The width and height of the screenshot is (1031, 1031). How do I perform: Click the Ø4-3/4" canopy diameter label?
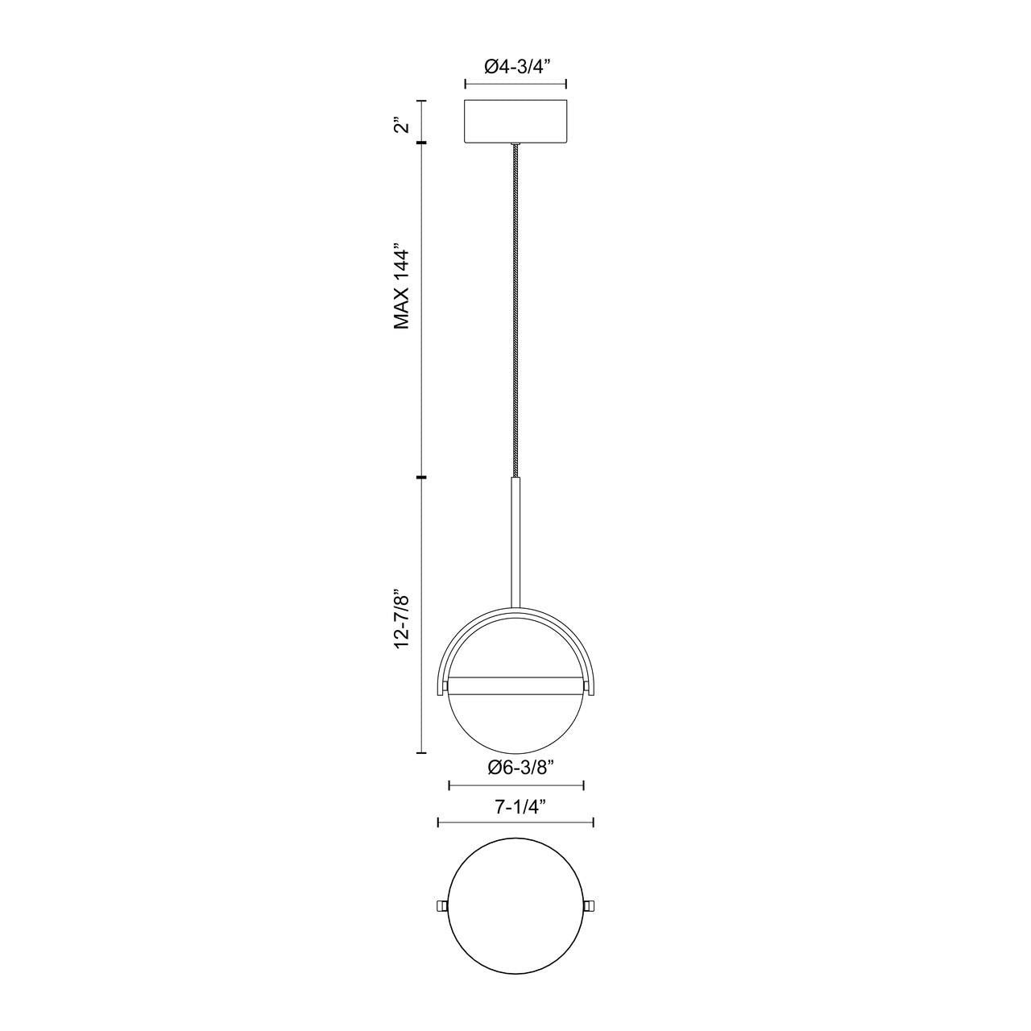(x=515, y=68)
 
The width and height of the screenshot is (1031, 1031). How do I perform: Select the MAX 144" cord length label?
(x=402, y=287)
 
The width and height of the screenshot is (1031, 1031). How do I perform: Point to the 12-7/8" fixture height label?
(x=402, y=619)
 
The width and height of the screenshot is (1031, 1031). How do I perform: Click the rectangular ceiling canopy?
(x=515, y=122)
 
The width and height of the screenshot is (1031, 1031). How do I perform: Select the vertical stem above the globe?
(x=515, y=540)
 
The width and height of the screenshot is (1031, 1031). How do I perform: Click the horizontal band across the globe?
(x=515, y=685)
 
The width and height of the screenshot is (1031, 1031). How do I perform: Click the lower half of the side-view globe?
(x=515, y=721)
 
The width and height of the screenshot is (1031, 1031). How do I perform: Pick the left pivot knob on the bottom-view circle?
(x=441, y=908)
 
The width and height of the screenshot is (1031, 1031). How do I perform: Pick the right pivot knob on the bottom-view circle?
(x=590, y=908)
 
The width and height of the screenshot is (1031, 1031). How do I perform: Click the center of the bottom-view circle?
(x=515, y=907)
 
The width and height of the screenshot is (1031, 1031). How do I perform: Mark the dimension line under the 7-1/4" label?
(x=515, y=822)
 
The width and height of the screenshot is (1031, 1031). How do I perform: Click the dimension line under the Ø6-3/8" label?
(x=515, y=785)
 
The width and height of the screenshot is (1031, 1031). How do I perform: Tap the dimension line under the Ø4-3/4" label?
(x=515, y=84)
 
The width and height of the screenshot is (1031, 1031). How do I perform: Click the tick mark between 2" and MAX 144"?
(x=420, y=143)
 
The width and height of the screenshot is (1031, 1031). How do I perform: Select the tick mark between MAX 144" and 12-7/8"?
(x=420, y=478)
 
